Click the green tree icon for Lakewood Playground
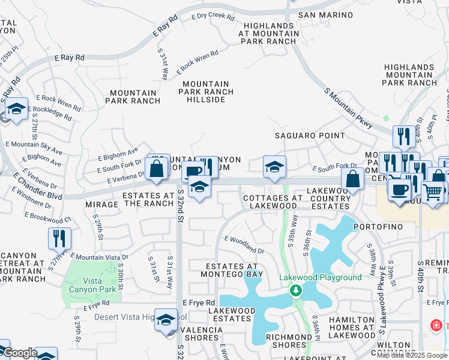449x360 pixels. click(x=295, y=291)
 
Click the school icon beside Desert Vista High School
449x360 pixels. click(x=166, y=320)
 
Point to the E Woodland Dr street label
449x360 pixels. click(x=244, y=244)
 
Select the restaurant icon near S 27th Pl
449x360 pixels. click(x=59, y=238)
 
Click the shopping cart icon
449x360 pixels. click(x=434, y=193)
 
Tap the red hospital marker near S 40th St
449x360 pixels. click(x=437, y=325)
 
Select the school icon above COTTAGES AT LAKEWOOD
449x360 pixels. click(x=274, y=167)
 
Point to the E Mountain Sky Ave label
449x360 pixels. click(x=34, y=148)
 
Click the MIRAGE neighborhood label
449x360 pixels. click(x=101, y=204)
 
